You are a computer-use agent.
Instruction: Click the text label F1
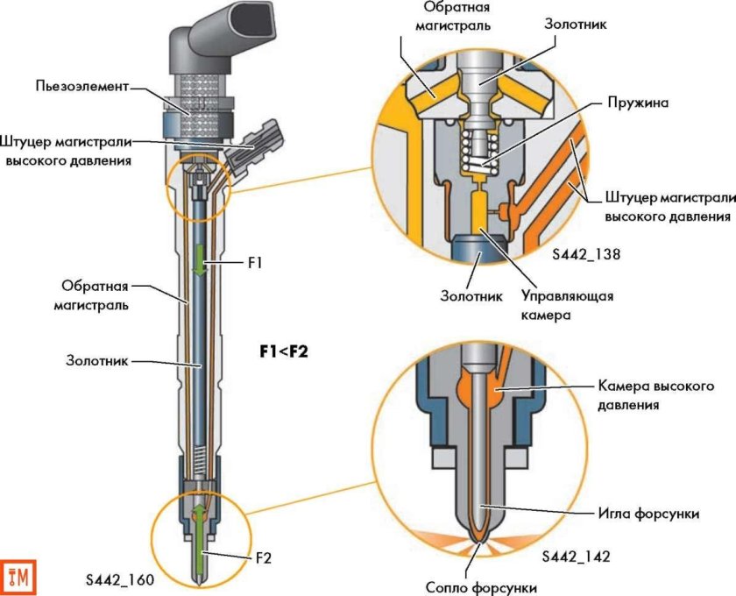pos(255,261)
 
